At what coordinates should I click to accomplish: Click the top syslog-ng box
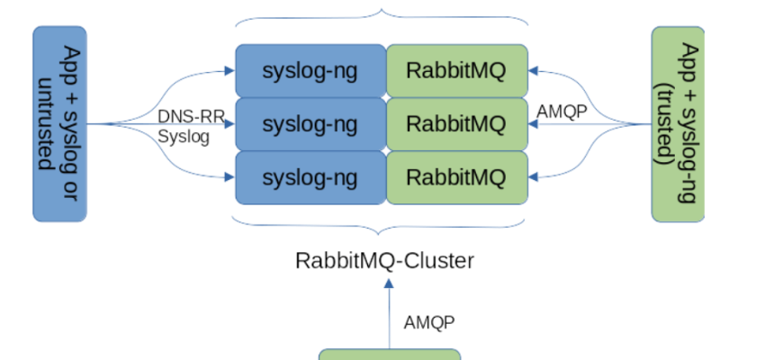click(310, 70)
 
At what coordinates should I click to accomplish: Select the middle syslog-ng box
click(310, 123)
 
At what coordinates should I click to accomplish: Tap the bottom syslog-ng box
click(310, 177)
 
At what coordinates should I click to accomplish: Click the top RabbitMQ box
click(456, 70)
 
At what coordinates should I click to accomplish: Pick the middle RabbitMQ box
click(456, 123)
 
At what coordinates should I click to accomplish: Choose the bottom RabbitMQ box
click(456, 177)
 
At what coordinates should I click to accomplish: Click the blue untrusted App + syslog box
click(59, 123)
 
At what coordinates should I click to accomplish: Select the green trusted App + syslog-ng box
click(678, 123)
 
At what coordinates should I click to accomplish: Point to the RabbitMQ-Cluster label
click(384, 261)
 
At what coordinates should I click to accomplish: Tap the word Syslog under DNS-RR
click(183, 137)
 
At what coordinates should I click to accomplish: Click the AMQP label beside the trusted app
click(562, 112)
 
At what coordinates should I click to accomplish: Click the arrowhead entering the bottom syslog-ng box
click(230, 177)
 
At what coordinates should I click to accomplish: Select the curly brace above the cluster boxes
click(382, 15)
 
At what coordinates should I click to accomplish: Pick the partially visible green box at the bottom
click(390, 355)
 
